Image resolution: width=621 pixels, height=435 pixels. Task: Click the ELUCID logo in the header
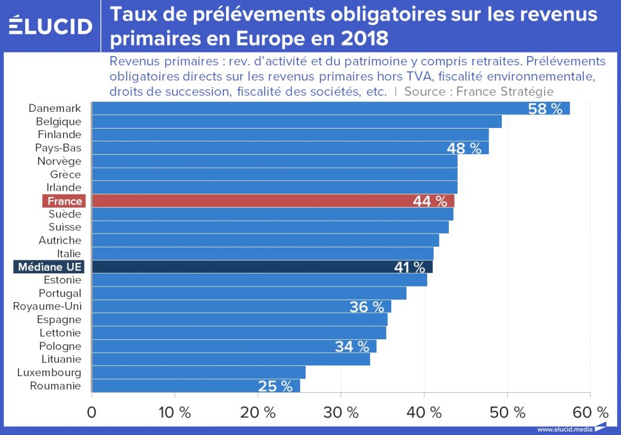[x=51, y=26]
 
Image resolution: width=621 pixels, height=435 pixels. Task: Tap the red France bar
[x=273, y=201]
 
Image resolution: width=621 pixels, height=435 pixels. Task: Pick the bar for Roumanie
[x=196, y=386]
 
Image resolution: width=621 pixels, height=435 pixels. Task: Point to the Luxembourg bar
[x=199, y=372]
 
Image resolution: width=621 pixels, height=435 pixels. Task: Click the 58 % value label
[x=545, y=109]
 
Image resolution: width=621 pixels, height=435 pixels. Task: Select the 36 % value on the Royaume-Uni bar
[x=366, y=306]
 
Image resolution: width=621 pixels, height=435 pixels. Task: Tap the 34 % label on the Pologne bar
[x=352, y=346]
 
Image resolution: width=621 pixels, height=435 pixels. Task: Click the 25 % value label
[x=275, y=386]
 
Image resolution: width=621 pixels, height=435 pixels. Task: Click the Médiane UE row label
[x=50, y=267]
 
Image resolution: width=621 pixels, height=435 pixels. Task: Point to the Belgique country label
[x=58, y=121]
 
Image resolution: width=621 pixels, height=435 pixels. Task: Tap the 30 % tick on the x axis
[x=341, y=412]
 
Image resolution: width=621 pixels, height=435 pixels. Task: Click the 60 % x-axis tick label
[x=590, y=412]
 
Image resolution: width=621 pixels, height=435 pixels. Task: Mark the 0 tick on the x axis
[x=92, y=412]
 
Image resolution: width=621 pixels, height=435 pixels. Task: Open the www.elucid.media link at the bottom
[x=565, y=429]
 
